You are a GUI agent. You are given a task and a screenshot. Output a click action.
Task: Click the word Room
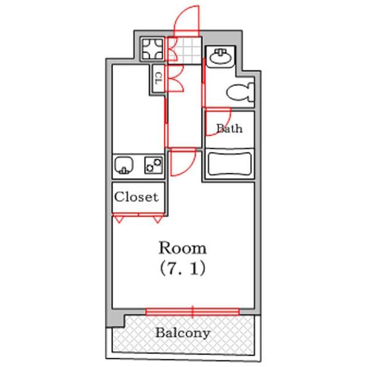(183, 248)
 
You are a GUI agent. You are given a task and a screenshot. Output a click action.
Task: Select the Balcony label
(182, 333)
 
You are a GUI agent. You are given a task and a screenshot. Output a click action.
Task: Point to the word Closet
(137, 197)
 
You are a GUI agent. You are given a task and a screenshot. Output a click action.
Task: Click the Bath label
(229, 128)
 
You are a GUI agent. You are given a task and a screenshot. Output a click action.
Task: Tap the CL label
(157, 78)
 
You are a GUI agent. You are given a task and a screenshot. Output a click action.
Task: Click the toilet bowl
(241, 92)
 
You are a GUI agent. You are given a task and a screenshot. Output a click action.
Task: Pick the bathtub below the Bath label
(229, 165)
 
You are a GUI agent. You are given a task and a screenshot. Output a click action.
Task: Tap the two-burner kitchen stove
(153, 165)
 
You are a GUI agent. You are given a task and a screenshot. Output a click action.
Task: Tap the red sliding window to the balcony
(192, 312)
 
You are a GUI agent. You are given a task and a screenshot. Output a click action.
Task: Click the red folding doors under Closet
(138, 216)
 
